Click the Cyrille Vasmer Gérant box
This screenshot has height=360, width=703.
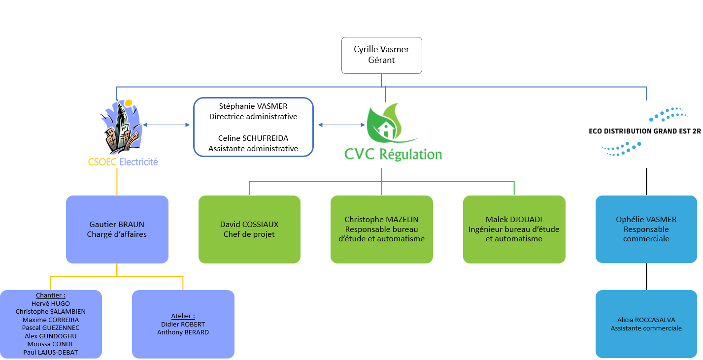pos(382,55)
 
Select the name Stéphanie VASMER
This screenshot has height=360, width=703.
pos(253,106)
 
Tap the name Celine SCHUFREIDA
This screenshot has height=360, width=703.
pos(253,138)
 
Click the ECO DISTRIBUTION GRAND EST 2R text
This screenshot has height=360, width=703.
pos(645,131)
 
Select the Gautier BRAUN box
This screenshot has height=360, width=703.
pos(117,229)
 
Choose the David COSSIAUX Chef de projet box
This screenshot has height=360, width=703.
pos(249,229)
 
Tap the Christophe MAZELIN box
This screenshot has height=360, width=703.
pos(381,229)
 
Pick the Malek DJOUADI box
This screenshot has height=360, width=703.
pos(514,229)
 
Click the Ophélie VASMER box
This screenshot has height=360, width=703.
pos(646,229)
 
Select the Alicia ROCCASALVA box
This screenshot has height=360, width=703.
pos(646,324)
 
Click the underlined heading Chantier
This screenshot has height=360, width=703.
pos(50,296)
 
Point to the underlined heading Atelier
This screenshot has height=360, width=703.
pos(183,316)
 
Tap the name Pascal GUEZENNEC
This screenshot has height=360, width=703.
pos(51,328)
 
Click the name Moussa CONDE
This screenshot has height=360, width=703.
pos(51,344)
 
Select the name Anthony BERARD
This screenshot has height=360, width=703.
pos(183,332)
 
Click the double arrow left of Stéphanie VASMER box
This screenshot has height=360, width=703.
pos(166,125)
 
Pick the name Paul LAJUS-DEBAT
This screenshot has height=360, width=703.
pos(51,352)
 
